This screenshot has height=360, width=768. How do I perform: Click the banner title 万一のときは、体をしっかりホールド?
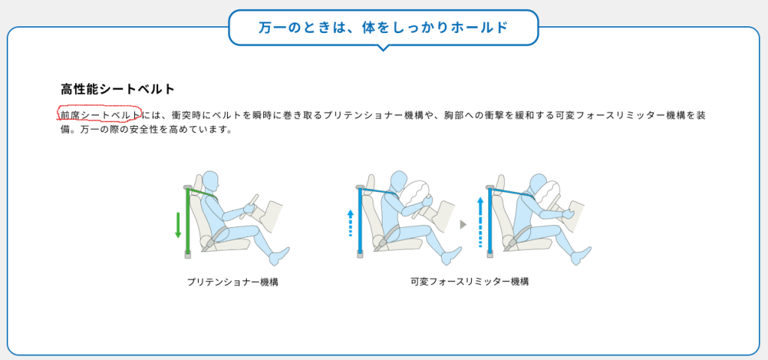tap(383, 28)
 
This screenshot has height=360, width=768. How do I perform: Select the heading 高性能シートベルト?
tap(118, 89)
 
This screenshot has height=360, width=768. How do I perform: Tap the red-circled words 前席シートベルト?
tap(100, 115)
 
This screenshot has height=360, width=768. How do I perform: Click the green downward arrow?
tap(178, 225)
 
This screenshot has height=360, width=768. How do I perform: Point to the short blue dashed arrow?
tap(350, 223)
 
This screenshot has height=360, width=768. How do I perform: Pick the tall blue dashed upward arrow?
tap(481, 222)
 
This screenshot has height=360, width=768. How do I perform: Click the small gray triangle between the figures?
tap(463, 224)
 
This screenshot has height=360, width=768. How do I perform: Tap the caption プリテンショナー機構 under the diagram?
tap(232, 282)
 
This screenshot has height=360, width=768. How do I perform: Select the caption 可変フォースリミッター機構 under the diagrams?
tap(469, 282)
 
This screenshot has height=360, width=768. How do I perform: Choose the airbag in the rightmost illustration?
tap(547, 194)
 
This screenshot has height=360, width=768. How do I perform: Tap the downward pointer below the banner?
tap(383, 47)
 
